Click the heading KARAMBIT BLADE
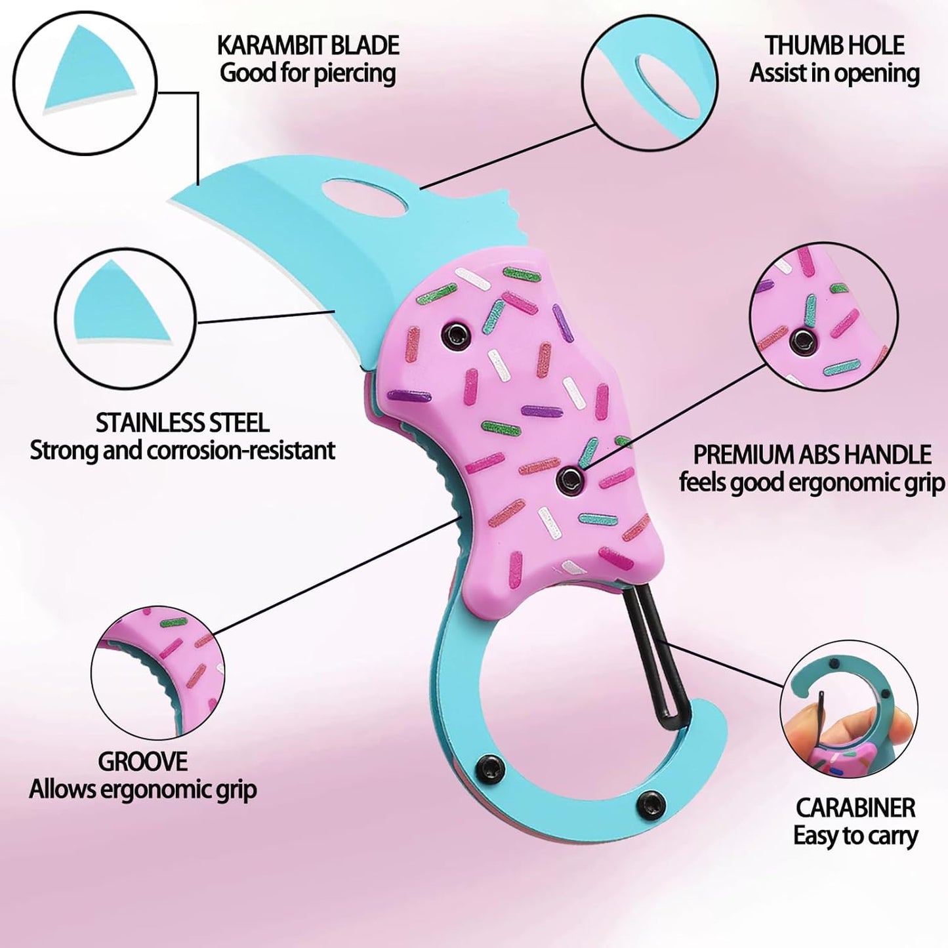[308, 46]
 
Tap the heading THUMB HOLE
[835, 45]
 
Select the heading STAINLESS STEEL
[182, 423]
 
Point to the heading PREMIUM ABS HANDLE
[812, 455]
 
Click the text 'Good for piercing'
[308, 73]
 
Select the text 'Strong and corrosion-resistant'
[182, 451]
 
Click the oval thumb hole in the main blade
[365, 197]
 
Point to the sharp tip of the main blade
[170, 199]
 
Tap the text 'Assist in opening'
[835, 73]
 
